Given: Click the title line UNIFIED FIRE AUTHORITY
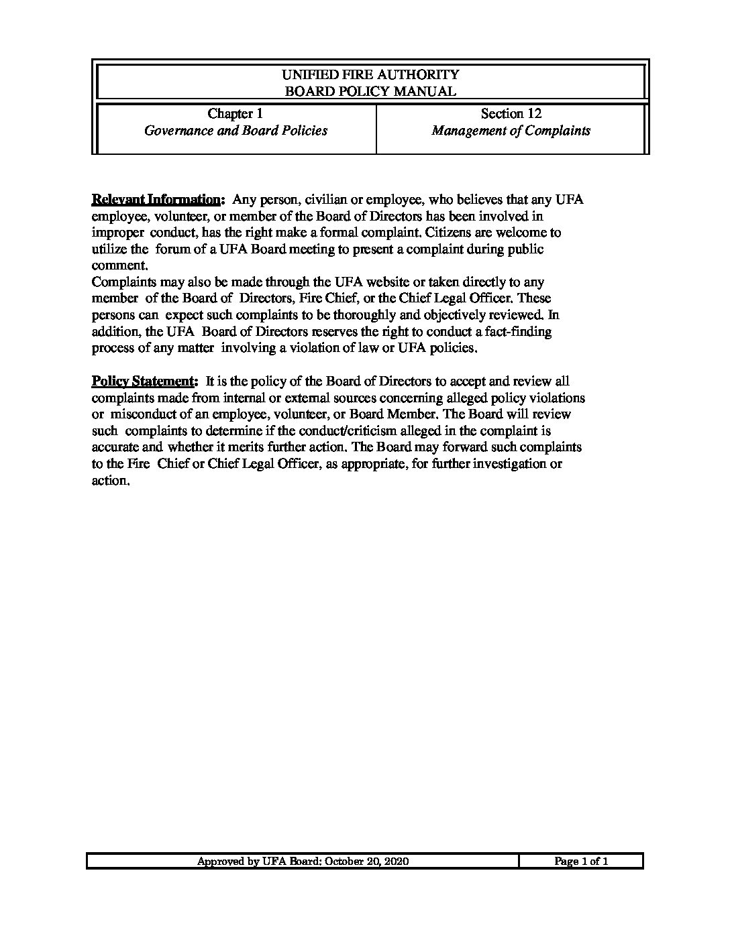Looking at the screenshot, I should click(x=370, y=74).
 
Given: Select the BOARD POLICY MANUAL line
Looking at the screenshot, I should click(x=370, y=91).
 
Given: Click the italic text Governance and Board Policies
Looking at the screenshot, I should click(x=236, y=131).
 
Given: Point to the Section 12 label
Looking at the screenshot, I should click(x=511, y=114).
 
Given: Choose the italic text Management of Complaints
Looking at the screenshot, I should click(x=511, y=131).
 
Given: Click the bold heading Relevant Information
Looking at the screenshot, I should click(x=156, y=200).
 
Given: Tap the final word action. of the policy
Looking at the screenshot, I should click(x=109, y=480).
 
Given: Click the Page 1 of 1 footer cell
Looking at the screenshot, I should click(x=581, y=862).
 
